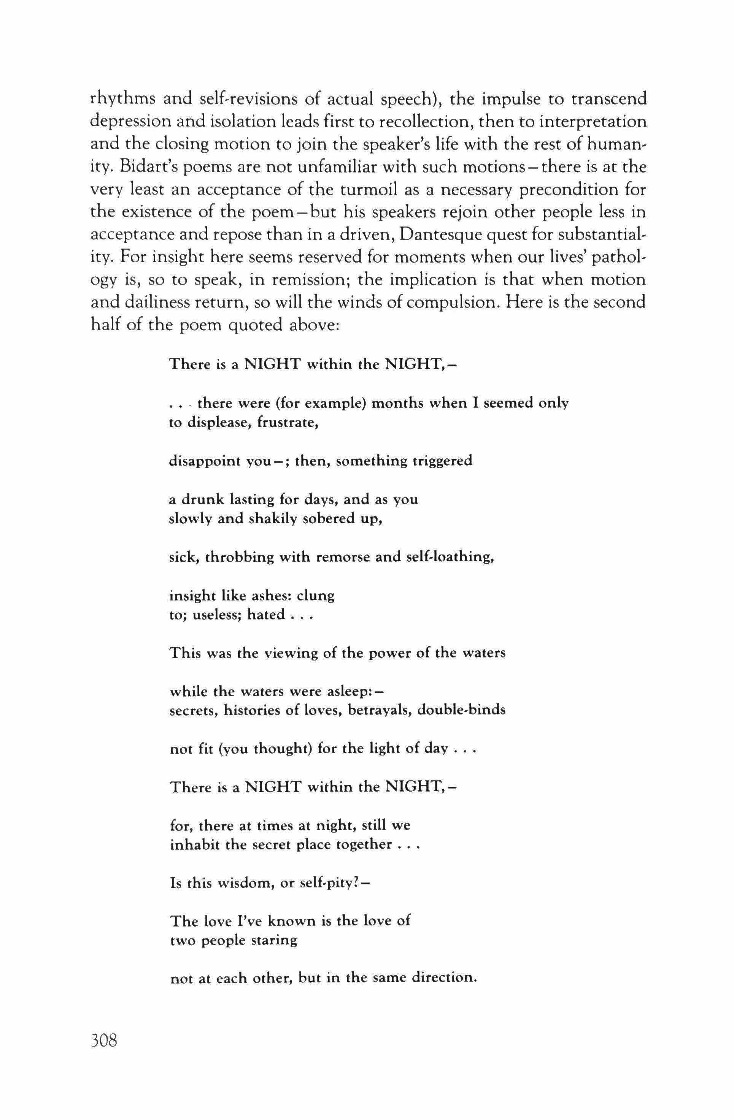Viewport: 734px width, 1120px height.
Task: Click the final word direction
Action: coord(445,978)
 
